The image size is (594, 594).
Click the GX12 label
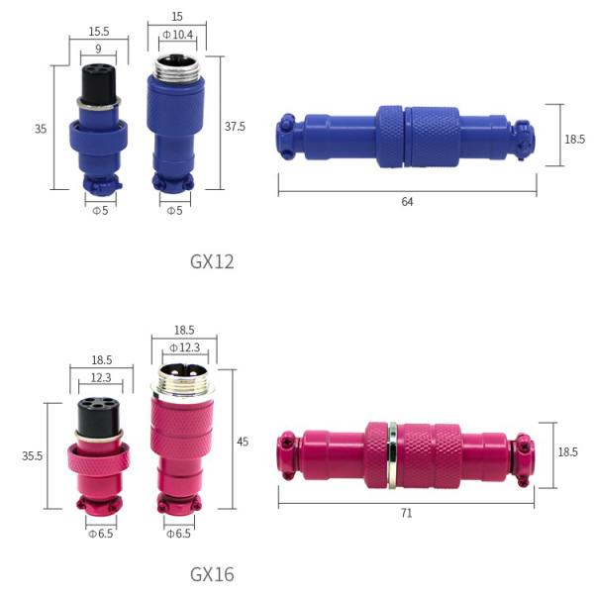pyautogui.click(x=212, y=261)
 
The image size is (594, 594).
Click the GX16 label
pyautogui.click(x=212, y=574)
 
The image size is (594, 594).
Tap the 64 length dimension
pyautogui.click(x=407, y=202)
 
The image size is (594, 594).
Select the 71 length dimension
pyautogui.click(x=406, y=513)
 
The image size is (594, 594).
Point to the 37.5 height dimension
pyautogui.click(x=235, y=126)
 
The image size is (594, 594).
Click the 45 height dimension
pyautogui.click(x=243, y=442)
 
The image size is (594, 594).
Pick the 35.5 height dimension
pyautogui.click(x=33, y=455)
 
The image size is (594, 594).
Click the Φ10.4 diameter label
pyautogui.click(x=177, y=35)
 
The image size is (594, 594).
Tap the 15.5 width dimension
pyautogui.click(x=99, y=31)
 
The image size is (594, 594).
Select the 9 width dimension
pyautogui.click(x=98, y=49)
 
